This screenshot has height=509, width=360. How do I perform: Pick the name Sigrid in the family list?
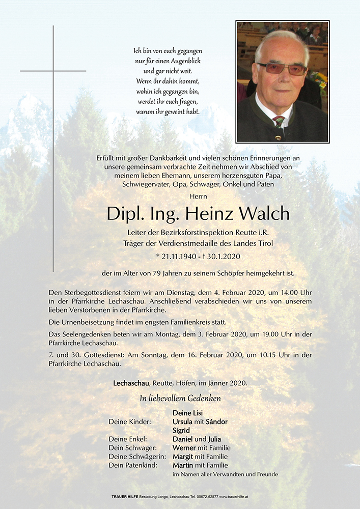pos(181,431)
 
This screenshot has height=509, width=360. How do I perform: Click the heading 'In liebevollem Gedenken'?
pos(180,399)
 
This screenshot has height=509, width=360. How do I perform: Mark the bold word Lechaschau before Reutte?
pos(133,382)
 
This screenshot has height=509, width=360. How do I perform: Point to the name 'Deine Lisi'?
pos(187,413)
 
